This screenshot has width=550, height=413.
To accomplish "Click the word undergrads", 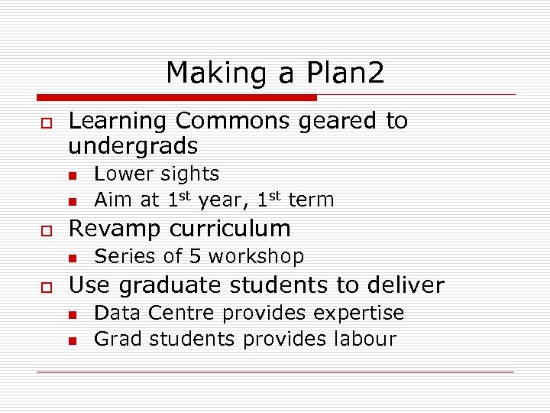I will [133, 146].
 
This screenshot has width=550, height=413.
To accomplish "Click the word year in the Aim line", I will [220, 200].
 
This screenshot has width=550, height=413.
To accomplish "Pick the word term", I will [311, 200].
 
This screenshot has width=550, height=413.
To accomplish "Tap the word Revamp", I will [113, 228].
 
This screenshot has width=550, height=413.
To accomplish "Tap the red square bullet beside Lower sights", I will [73, 176].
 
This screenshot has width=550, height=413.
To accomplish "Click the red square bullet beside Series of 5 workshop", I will [73, 258].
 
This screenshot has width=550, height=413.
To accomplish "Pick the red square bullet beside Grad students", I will [73, 340].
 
